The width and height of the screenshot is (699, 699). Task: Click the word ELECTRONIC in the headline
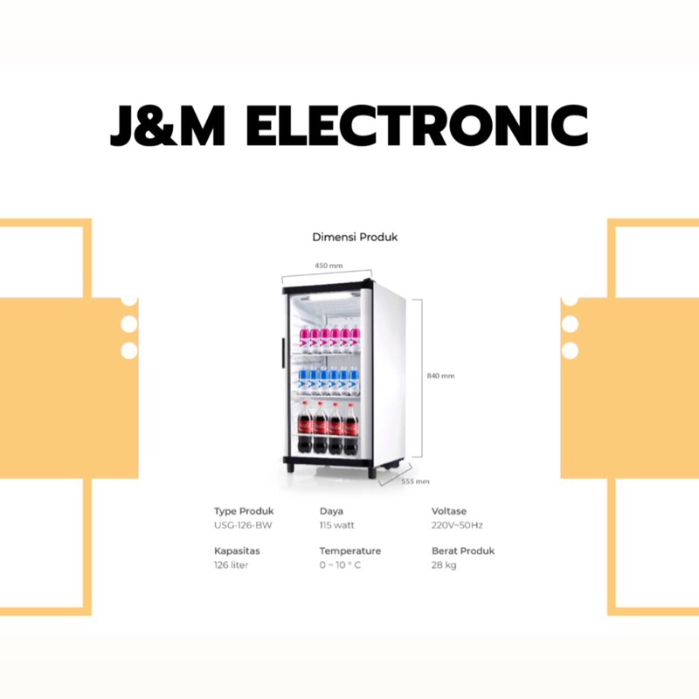click(x=418, y=128)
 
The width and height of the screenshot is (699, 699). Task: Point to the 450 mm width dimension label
click(x=329, y=265)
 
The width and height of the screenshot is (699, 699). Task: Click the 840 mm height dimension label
click(x=441, y=377)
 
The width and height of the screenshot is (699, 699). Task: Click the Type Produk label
click(x=244, y=510)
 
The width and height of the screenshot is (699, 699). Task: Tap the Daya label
click(x=331, y=510)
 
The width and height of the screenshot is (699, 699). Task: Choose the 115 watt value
click(x=337, y=525)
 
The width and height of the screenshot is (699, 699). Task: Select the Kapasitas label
click(x=237, y=551)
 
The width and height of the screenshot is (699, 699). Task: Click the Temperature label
click(x=349, y=551)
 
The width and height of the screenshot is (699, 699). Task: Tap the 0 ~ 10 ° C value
click(x=340, y=565)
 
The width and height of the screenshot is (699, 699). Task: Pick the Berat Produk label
click(x=463, y=551)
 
